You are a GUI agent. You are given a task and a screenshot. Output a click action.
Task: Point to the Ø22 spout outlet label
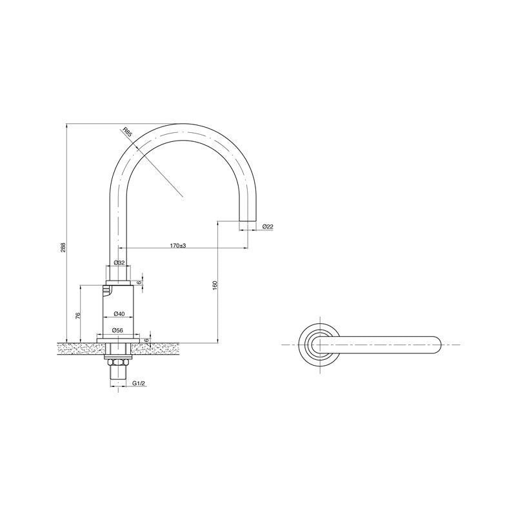pyautogui.click(x=268, y=226)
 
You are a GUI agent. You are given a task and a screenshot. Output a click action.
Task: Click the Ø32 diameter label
pyautogui.click(x=119, y=263)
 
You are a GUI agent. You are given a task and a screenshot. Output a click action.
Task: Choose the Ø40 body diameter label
pyautogui.click(x=119, y=313)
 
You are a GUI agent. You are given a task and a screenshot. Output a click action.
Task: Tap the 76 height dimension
pyautogui.click(x=77, y=315)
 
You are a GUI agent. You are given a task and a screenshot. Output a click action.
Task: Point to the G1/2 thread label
pyautogui.click(x=138, y=384)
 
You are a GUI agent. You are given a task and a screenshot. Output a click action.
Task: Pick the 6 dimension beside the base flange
pyautogui.click(x=146, y=339)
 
